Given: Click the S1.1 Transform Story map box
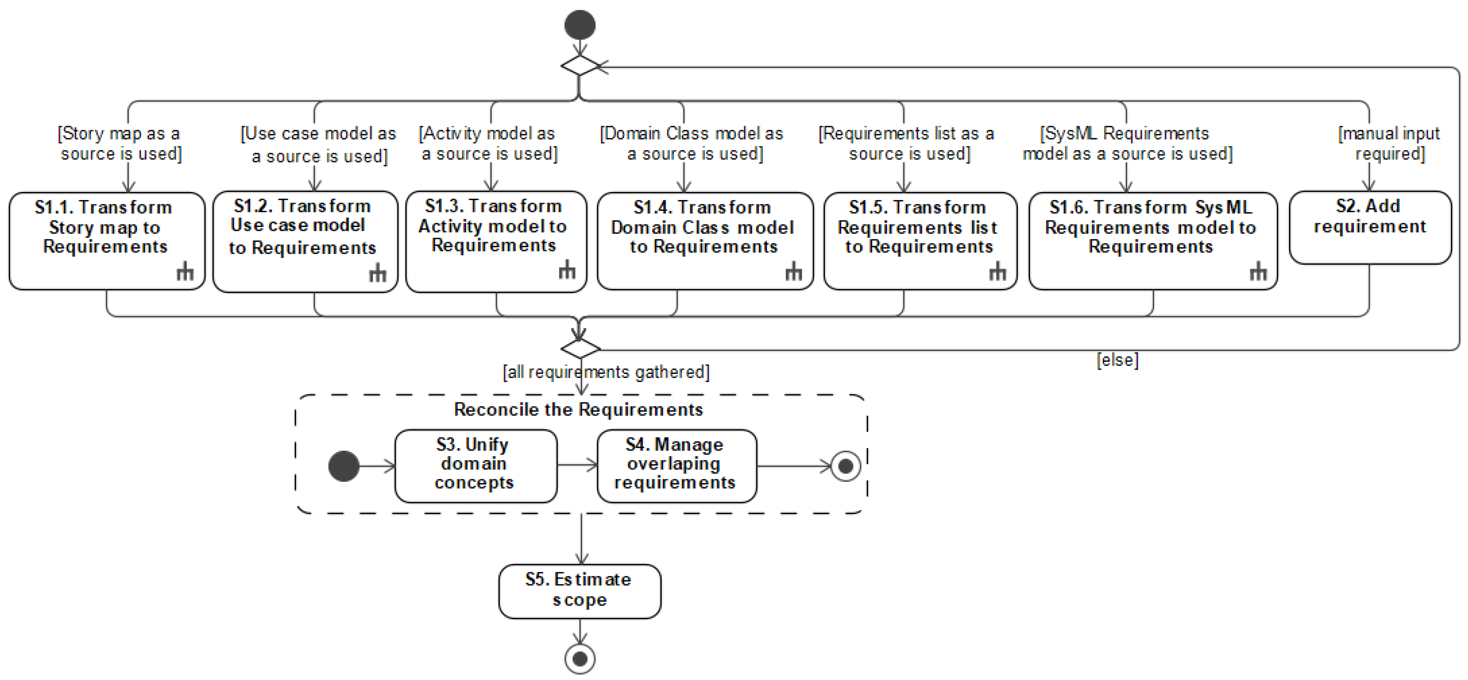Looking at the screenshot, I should click(x=107, y=240).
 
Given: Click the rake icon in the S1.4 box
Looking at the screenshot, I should click(x=793, y=273).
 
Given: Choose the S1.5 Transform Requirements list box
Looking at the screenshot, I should click(x=920, y=240).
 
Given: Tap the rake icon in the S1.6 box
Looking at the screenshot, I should click(x=1258, y=272).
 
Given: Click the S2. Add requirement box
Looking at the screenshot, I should click(x=1369, y=227).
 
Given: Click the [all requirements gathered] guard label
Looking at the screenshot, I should click(x=606, y=372).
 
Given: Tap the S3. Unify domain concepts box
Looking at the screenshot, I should click(x=475, y=465).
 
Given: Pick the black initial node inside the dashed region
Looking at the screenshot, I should click(x=344, y=466).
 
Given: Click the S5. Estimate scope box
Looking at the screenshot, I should click(x=580, y=591).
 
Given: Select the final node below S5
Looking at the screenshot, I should click(x=580, y=659).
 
